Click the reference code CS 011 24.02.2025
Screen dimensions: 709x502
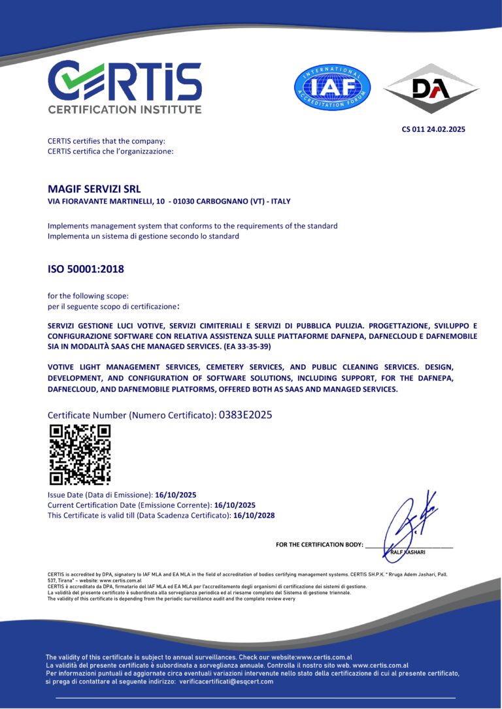point(433,129)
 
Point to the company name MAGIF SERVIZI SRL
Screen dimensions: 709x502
point(94,189)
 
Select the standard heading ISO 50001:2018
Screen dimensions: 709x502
point(86,268)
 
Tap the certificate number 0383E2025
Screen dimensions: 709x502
point(245,415)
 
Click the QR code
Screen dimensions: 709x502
point(80,455)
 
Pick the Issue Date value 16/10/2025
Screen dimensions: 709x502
point(176,495)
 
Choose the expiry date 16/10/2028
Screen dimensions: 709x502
point(254,515)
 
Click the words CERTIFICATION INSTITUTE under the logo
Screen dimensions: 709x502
point(124,109)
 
